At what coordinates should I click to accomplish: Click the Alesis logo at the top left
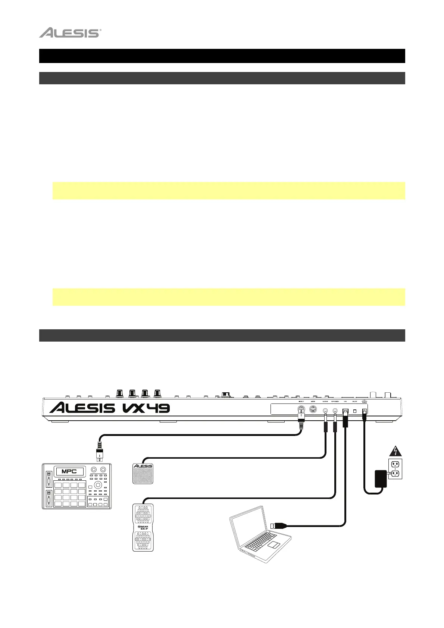pos(70,33)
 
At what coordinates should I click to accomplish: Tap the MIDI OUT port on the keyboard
pos(301,411)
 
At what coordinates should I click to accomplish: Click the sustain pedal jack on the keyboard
pos(326,411)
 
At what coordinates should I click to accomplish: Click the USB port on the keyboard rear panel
pos(345,411)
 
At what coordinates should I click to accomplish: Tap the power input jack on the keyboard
pos(365,411)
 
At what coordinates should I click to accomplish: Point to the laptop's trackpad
pos(275,545)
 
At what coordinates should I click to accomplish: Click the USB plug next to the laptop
pos(278,525)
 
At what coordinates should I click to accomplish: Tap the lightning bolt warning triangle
pos(395,452)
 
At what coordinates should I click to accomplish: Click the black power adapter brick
pos(381,478)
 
